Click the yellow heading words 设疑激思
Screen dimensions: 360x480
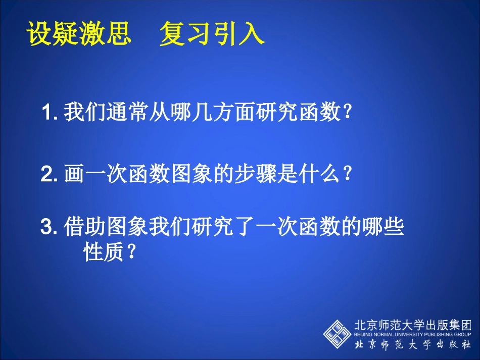(78, 34)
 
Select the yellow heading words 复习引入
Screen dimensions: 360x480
(212, 34)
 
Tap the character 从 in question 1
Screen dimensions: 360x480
(160, 112)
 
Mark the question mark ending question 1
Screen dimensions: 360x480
(347, 112)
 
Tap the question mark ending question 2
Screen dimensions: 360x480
(347, 175)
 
